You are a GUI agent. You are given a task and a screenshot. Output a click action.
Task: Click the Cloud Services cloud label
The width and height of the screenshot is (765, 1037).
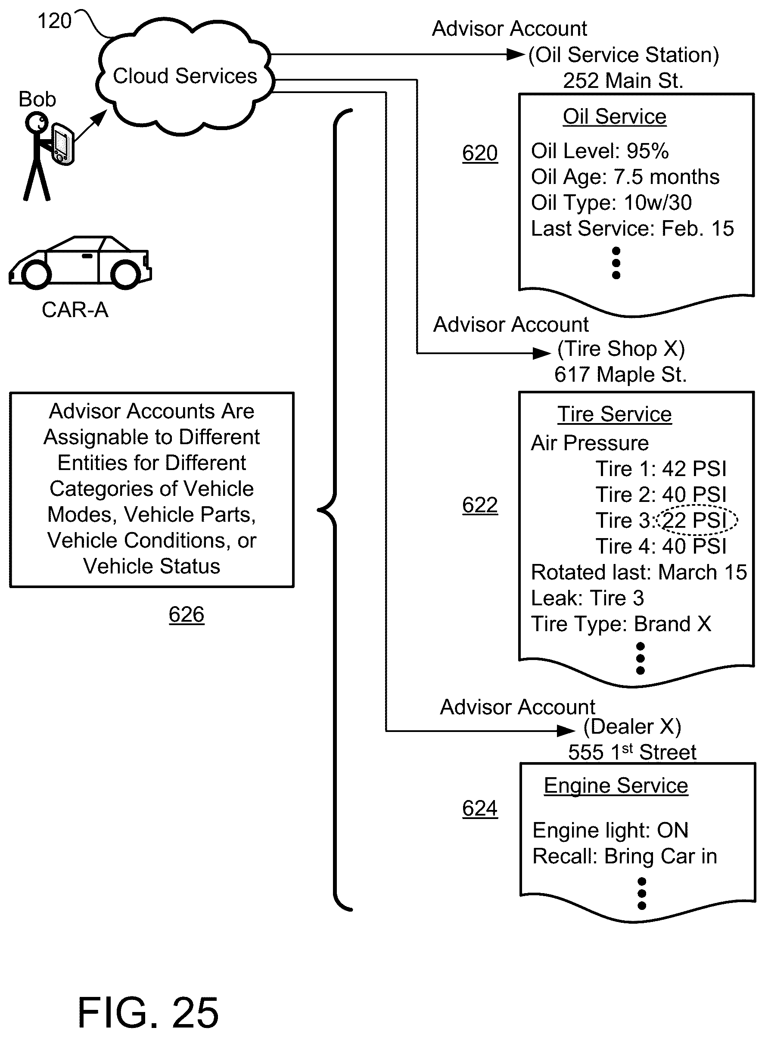pos(185,76)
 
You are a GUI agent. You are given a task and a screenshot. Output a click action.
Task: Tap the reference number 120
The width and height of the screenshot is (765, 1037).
pos(54,21)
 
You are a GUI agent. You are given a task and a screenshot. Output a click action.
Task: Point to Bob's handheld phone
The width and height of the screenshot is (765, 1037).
pos(62,143)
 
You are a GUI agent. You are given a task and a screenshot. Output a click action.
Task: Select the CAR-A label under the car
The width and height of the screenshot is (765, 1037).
pos(75,310)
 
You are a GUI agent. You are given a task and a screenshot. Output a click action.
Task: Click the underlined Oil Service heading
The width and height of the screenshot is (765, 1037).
pos(614,116)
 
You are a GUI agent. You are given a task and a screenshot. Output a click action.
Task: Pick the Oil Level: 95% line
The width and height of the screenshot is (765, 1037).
pos(600,151)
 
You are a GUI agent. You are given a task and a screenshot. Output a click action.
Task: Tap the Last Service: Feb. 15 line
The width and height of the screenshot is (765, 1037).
pos(632,228)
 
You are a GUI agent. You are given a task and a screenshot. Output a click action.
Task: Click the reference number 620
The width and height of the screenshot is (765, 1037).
pos(480,153)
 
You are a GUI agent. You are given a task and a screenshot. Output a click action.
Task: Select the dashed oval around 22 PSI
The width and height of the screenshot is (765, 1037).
pos(697,520)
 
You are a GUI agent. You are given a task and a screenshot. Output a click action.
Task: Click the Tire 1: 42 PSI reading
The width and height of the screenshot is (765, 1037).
pos(661,469)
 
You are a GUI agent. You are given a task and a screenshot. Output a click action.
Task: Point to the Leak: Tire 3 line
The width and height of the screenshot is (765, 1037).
pos(587,598)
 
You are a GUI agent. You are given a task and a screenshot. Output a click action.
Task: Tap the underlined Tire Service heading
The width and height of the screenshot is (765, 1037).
pos(614,414)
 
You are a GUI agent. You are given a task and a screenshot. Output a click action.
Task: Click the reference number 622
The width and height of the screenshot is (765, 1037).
pos(480,505)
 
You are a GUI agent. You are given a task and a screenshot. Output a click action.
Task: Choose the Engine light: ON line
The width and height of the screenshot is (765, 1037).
pos(610,830)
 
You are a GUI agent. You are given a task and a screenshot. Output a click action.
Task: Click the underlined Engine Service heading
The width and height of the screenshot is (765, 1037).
pos(616,785)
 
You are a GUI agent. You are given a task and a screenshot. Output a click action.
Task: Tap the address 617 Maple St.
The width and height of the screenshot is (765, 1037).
pos(620,374)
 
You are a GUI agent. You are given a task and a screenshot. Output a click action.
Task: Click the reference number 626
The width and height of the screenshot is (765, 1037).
pos(186,615)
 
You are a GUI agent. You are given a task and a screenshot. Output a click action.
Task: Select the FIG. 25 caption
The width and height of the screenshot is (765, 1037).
pos(148,1012)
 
